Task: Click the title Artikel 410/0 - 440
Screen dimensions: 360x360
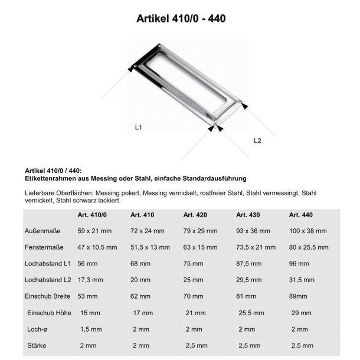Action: [180, 18]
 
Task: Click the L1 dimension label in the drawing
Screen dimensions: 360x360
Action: [139, 126]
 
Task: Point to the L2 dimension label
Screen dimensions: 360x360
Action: [257, 140]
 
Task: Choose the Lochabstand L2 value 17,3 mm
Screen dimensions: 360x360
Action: [90, 278]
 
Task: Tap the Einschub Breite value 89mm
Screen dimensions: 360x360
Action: [300, 294]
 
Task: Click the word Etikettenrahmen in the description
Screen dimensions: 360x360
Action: [48, 178]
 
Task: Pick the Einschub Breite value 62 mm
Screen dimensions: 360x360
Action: [140, 294]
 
